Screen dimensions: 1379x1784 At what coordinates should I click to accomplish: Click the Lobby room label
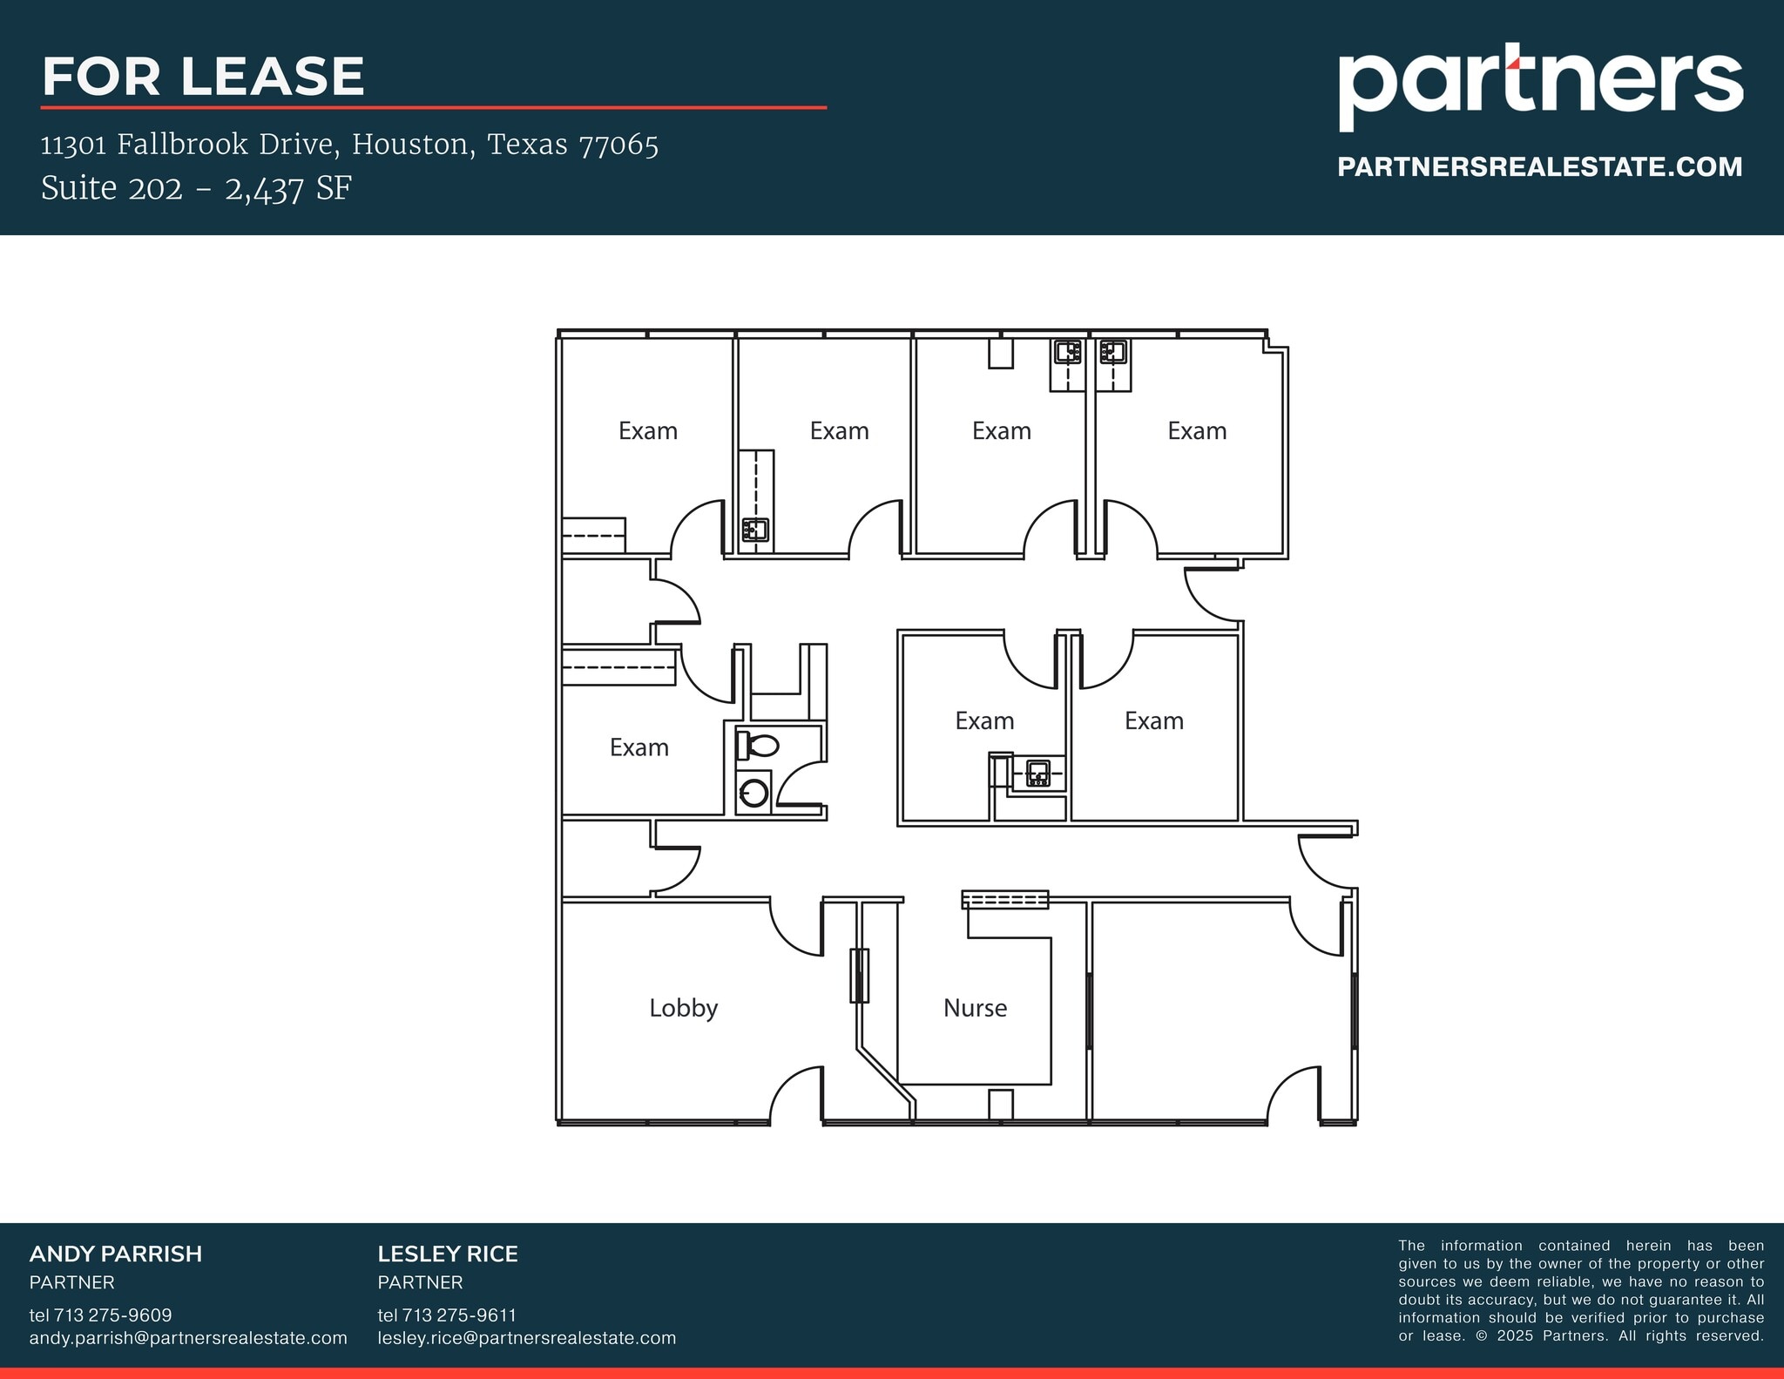(x=683, y=1008)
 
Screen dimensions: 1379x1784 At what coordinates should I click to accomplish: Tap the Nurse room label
(x=975, y=1008)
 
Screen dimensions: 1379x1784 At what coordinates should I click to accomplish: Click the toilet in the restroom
(x=757, y=746)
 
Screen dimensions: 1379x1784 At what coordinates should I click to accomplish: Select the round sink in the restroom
(x=753, y=793)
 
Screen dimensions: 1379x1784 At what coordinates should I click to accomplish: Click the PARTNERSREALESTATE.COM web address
(x=1539, y=167)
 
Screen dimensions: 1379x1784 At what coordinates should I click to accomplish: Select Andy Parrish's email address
(x=188, y=1337)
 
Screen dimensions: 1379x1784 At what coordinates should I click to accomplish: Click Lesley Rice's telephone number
(x=447, y=1315)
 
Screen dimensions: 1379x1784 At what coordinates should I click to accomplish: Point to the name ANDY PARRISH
(x=116, y=1254)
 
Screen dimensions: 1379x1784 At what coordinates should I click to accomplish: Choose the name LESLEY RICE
(x=448, y=1254)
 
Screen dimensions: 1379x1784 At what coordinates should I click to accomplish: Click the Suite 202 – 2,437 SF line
(x=196, y=188)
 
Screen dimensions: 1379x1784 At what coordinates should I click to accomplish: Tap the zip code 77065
(x=618, y=145)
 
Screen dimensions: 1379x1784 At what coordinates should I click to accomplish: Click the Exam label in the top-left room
(x=647, y=431)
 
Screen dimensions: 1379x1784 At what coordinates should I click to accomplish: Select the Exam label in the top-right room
(x=1197, y=431)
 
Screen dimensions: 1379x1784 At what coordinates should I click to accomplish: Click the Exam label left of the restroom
(x=639, y=747)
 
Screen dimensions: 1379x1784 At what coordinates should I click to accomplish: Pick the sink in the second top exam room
(x=754, y=529)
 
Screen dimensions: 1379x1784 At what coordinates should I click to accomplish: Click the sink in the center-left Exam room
(x=1037, y=773)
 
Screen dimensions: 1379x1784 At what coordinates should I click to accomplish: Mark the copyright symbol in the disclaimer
(x=1482, y=1335)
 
